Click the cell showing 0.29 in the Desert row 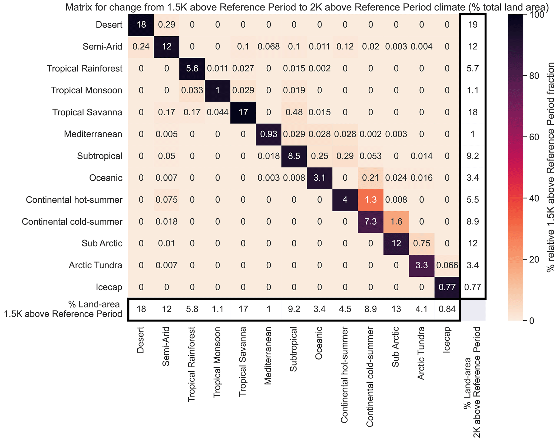click(x=167, y=25)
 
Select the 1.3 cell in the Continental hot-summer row click(x=371, y=200)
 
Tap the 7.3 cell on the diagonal click(x=371, y=222)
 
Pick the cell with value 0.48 click(x=294, y=112)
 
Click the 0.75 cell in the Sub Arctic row click(x=422, y=243)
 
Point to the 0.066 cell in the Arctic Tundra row click(x=447, y=265)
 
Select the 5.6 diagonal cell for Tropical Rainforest click(x=192, y=68)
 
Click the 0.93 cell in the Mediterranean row click(x=269, y=134)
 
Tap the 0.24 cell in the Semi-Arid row click(x=141, y=47)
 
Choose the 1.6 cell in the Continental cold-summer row click(x=396, y=222)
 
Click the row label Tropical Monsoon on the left click(x=87, y=90)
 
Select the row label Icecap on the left click(x=109, y=287)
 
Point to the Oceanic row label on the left click(x=106, y=178)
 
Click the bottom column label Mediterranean click(x=268, y=356)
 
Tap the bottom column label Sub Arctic click(x=395, y=347)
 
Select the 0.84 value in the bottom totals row click(x=447, y=309)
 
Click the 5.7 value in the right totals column click(x=473, y=68)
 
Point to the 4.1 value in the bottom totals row click(x=422, y=309)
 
